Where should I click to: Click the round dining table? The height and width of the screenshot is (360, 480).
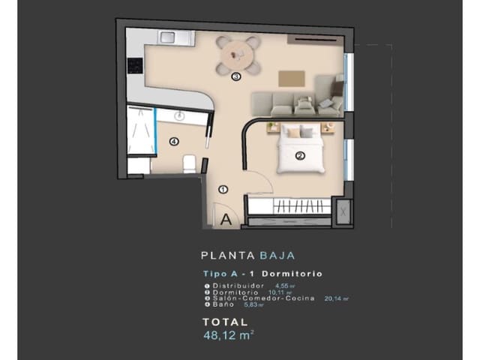click(238, 55)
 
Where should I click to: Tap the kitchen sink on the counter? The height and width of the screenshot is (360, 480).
click(166, 37)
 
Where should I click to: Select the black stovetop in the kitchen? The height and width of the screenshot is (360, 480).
click(135, 66)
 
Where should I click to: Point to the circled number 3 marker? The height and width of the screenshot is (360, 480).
click(235, 76)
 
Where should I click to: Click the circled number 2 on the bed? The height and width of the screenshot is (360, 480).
click(300, 157)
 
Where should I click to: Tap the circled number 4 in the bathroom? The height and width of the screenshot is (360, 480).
click(174, 141)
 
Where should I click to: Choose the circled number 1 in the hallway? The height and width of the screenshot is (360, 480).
click(223, 190)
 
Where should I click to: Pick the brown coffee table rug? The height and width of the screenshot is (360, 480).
click(292, 79)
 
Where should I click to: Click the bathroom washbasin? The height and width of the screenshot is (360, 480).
click(180, 116)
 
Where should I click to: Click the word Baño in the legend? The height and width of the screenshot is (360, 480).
click(223, 304)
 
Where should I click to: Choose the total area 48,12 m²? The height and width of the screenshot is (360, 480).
click(228, 335)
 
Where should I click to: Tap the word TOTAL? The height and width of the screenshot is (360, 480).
click(225, 321)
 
